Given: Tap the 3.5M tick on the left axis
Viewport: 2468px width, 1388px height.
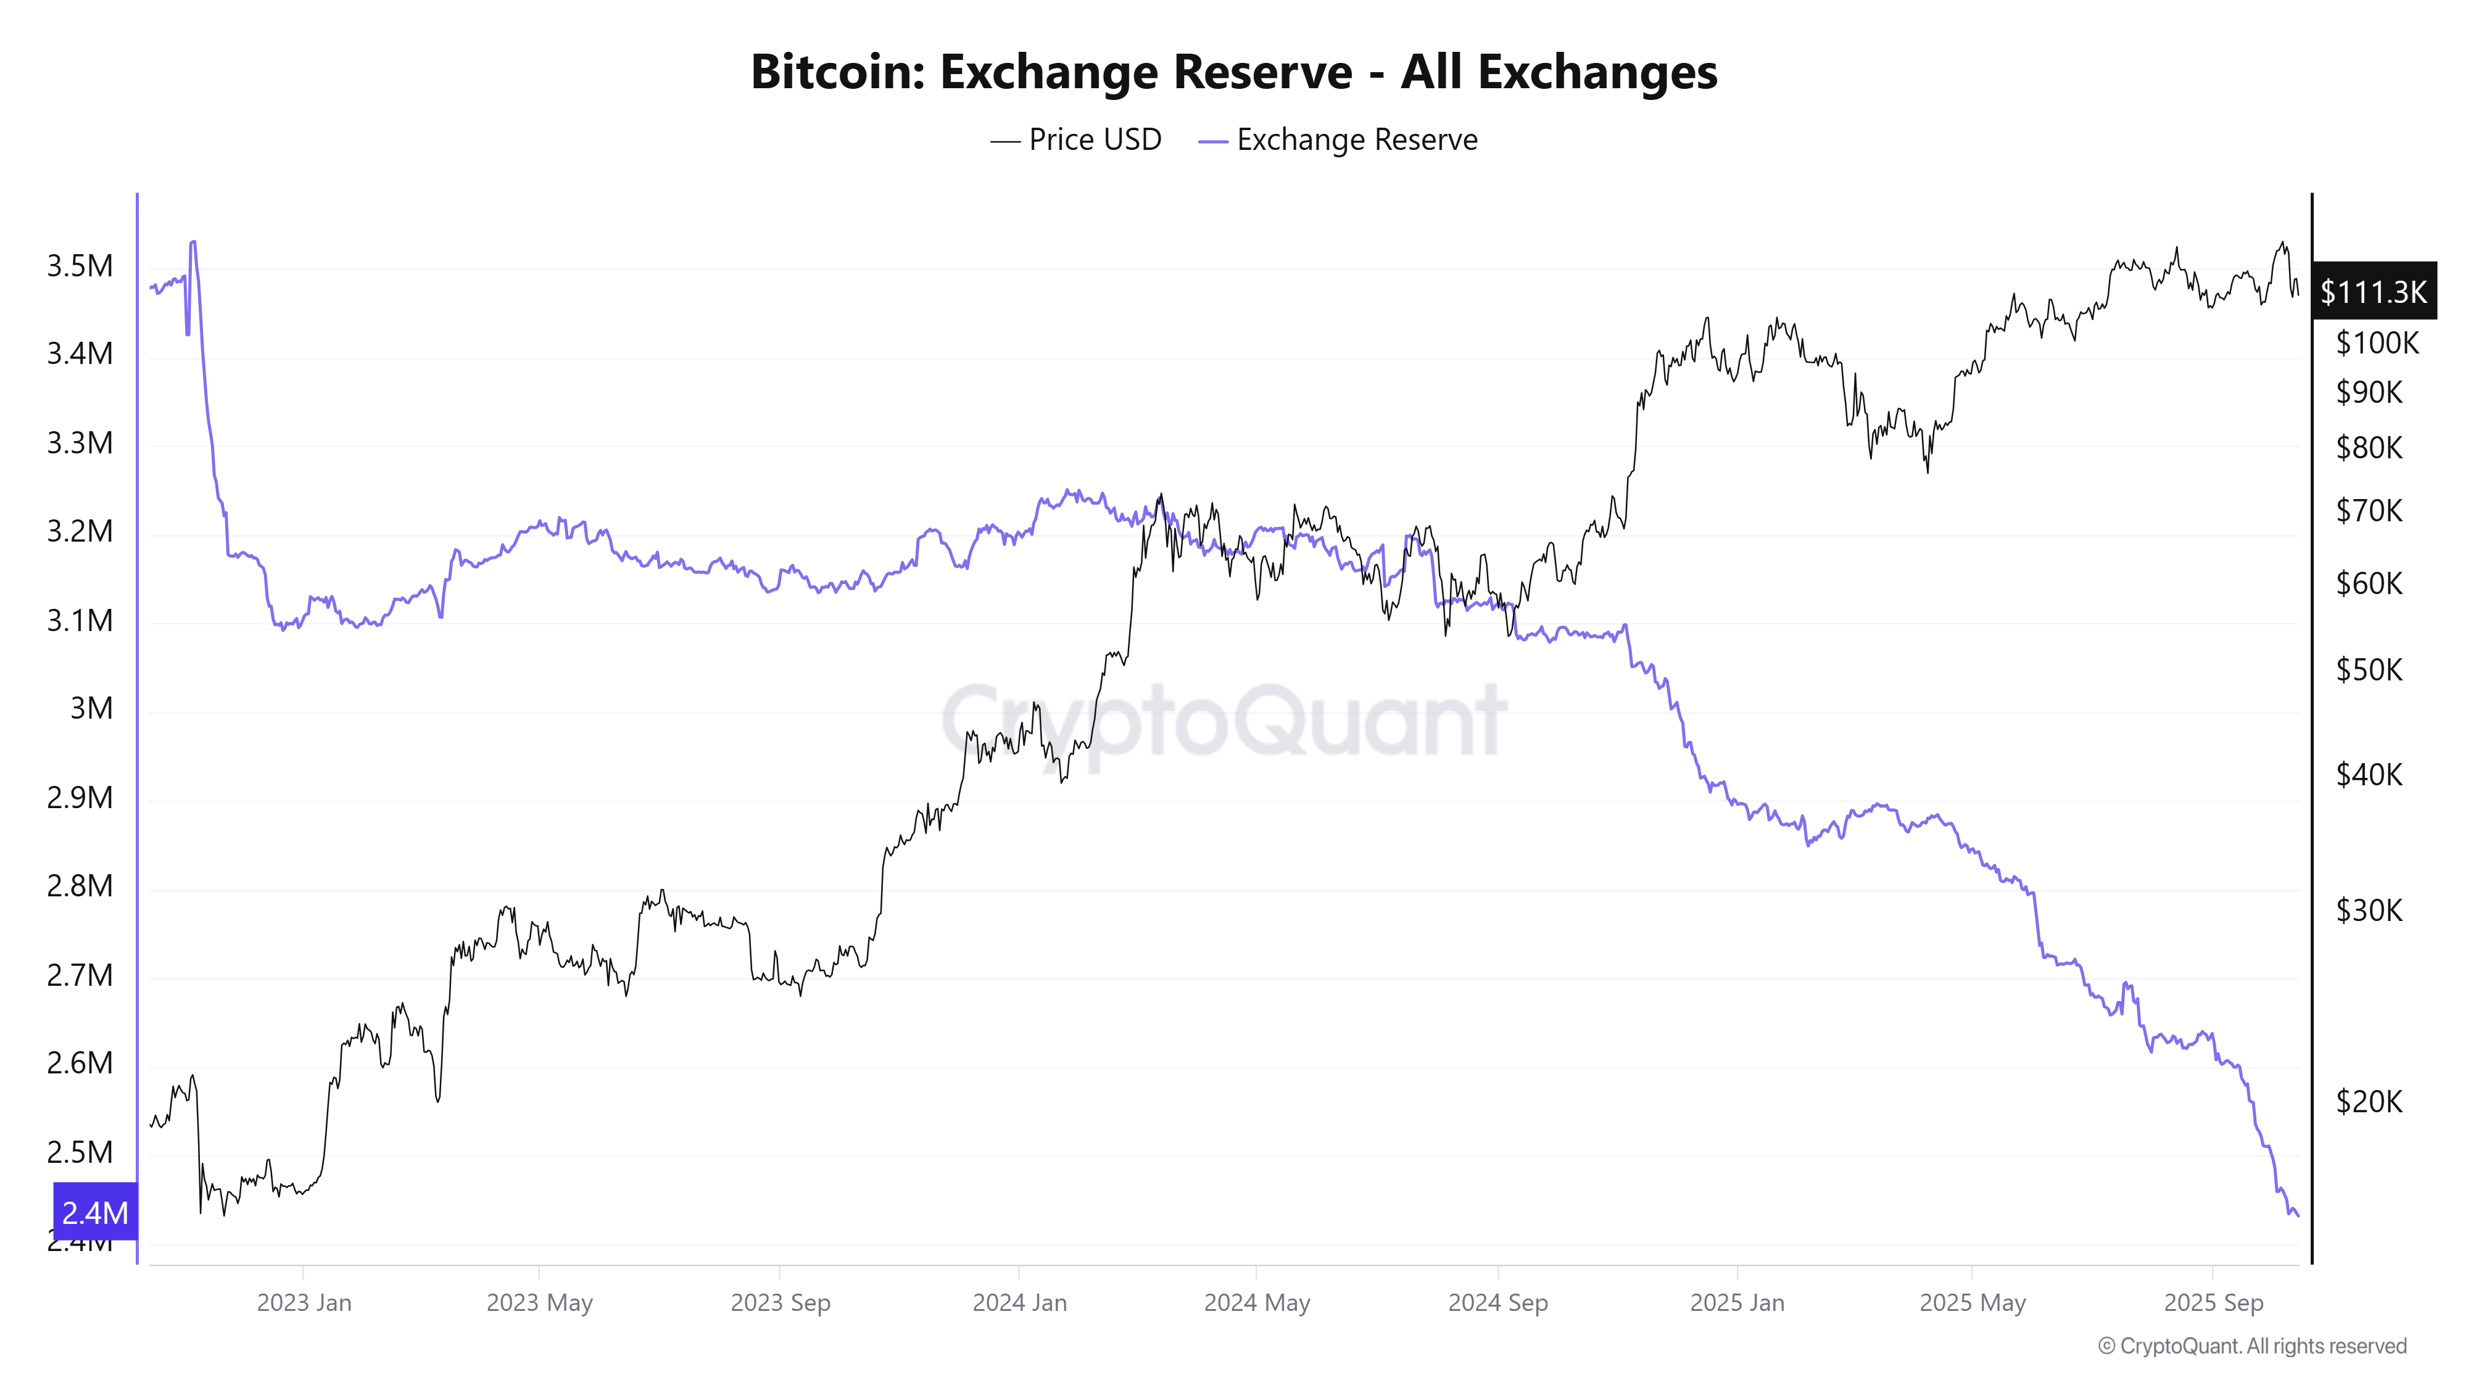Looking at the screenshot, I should (80, 265).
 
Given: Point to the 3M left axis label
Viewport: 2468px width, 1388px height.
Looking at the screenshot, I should (91, 708).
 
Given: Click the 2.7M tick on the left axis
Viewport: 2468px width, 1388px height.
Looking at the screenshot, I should (80, 975).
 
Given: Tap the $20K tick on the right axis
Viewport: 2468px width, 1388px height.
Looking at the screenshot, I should (2369, 1102).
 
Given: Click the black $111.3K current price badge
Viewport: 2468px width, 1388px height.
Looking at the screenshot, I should (2373, 291).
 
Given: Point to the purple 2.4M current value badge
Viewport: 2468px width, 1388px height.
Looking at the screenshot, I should (95, 1213).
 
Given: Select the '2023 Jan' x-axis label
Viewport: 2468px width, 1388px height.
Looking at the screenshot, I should (304, 1303).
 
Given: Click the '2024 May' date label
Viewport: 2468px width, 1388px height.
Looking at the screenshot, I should (1256, 1303).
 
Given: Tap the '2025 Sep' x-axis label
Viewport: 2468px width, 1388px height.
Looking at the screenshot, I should (2213, 1303).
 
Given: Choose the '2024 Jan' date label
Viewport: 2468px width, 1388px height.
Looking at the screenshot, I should (1019, 1303).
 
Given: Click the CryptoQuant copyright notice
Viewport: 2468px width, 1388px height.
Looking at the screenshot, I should (2251, 1346).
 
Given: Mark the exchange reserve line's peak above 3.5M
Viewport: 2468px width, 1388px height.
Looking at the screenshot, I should (194, 242).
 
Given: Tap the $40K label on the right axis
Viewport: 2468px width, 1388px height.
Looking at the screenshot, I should (2369, 774).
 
